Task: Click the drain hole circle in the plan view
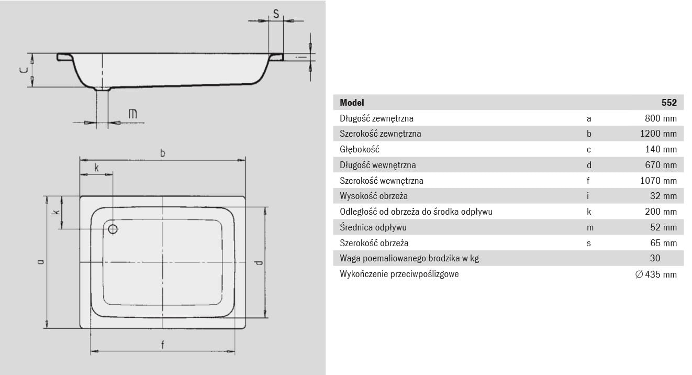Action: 113,229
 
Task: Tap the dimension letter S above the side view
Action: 276,14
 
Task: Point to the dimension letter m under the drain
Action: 132,114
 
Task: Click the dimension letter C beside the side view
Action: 24,70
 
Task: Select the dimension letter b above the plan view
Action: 163,153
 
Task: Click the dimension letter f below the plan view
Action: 162,345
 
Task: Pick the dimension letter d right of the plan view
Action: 259,263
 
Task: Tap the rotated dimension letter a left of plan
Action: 40,262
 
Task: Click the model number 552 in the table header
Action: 669,103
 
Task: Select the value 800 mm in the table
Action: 661,118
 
